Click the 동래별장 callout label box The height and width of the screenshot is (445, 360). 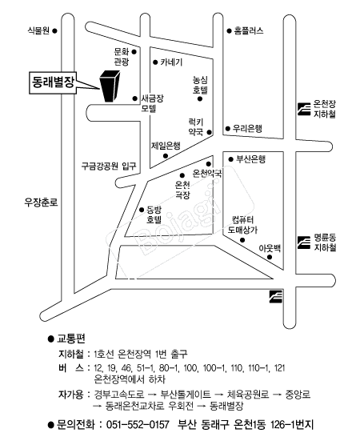point(53,82)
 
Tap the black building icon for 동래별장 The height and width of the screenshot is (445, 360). point(110,86)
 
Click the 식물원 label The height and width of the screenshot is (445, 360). point(38,30)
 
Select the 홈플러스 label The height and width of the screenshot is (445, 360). point(249,30)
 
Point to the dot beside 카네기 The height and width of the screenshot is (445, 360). point(155,62)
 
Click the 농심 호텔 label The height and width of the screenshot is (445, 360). point(200,85)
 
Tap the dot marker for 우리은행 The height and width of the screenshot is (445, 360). point(227,129)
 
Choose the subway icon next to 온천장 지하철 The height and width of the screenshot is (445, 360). point(304,110)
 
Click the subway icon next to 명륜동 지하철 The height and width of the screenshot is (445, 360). point(304,243)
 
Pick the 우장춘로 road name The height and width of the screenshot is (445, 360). point(41,202)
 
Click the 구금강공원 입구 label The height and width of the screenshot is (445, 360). point(109,166)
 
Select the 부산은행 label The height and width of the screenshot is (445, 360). point(251,159)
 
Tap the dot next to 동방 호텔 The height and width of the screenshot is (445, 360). point(142,210)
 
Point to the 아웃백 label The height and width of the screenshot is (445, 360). point(270,248)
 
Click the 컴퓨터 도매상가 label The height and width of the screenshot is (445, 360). point(242,225)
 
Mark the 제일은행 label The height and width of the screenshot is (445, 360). point(166,146)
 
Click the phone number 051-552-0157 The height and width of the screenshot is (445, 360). point(138,425)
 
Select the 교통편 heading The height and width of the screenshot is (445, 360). point(71,339)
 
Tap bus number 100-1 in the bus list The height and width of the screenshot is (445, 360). point(214,368)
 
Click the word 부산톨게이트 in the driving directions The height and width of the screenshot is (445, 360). point(186,395)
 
